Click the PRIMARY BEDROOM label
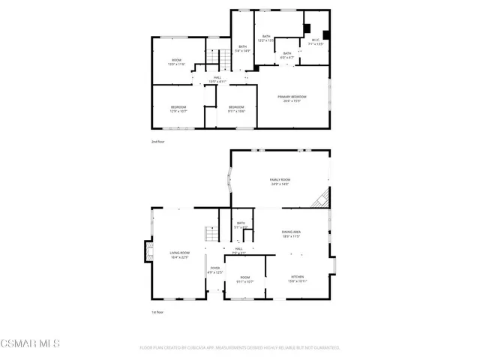click(292, 98)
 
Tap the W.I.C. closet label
click(316, 42)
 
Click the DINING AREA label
click(292, 234)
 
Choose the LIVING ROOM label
click(179, 255)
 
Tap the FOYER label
click(215, 270)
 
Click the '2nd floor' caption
click(157, 141)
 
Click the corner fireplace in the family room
click(322, 198)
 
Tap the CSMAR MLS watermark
click(30, 344)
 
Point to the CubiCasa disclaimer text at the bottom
click(240, 348)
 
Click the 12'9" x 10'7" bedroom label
click(178, 109)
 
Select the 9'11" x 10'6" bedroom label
click(236, 109)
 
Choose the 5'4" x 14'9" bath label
click(242, 49)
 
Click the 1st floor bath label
click(241, 224)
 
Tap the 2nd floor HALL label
click(217, 79)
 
